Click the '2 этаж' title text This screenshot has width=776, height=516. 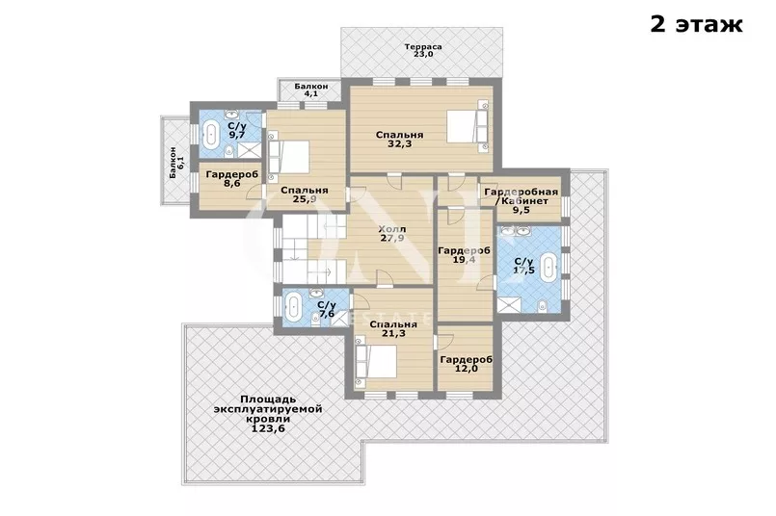[x=696, y=24]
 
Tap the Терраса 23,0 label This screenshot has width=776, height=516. [x=423, y=50]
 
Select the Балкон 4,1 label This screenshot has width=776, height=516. [x=310, y=90]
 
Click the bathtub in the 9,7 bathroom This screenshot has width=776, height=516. [x=212, y=135]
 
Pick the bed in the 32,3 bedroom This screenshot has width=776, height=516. [x=468, y=126]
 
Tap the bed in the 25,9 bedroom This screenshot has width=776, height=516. [x=288, y=156]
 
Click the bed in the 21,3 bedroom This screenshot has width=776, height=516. [x=376, y=361]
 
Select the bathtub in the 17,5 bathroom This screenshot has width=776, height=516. [x=549, y=267]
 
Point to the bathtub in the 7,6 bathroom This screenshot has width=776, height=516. [x=294, y=306]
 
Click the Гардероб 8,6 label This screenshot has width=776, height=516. [x=231, y=179]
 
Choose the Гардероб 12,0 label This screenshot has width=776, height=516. [x=467, y=364]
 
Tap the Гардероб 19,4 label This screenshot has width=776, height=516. [x=465, y=255]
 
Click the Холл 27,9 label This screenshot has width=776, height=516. [x=392, y=234]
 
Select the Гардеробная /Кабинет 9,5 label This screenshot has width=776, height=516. [x=522, y=200]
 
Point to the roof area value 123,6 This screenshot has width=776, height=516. [x=268, y=428]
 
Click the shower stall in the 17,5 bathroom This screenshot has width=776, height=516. [x=509, y=305]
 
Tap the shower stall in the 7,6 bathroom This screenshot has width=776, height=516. [x=340, y=318]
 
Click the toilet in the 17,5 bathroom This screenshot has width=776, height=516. [x=543, y=305]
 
